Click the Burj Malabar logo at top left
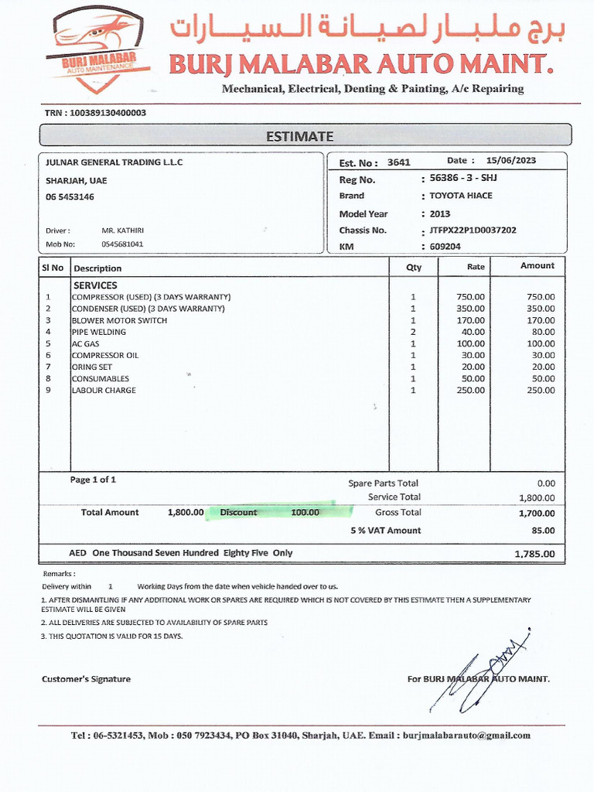[97, 46]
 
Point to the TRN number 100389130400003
[107, 113]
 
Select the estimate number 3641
[399, 162]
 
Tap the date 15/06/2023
[510, 161]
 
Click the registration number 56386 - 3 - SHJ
[463, 179]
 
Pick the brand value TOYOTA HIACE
[461, 196]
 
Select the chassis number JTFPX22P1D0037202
[473, 230]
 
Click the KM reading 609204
[445, 247]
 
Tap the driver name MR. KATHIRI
[123, 230]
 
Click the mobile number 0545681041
[123, 244]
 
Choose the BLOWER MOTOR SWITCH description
[119, 320]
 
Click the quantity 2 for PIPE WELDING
[413, 332]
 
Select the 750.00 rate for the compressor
[471, 297]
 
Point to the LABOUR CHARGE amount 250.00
[541, 391]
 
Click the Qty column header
[414, 268]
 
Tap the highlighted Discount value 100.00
[305, 512]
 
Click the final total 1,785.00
[534, 555]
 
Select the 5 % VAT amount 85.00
[543, 531]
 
